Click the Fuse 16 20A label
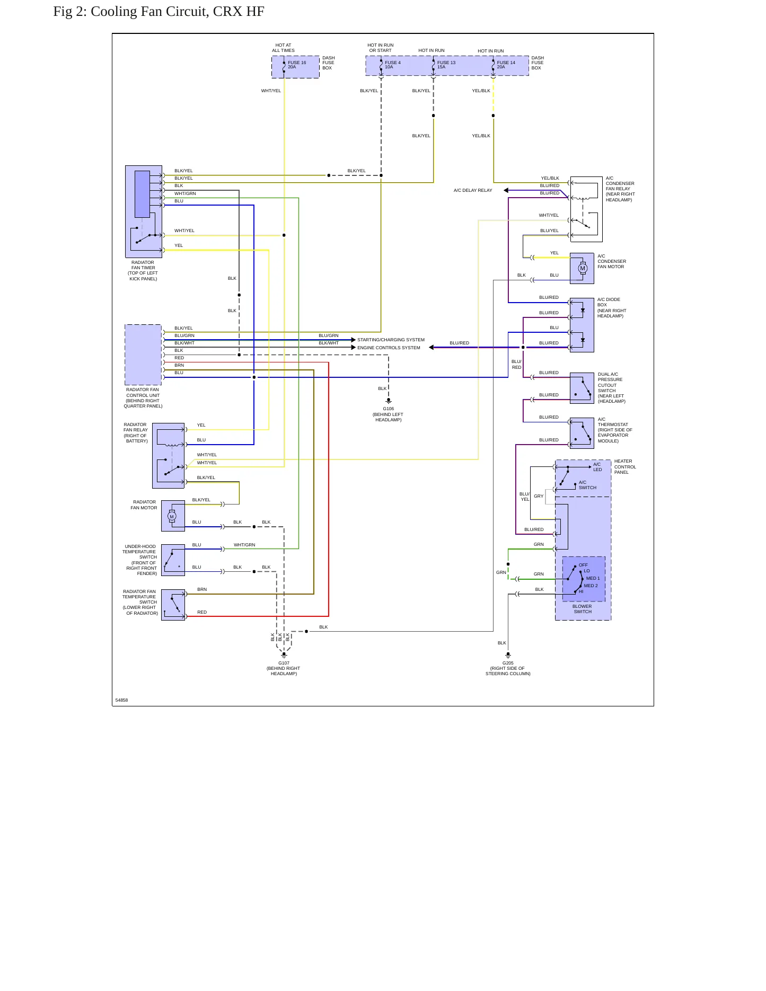tap(297, 65)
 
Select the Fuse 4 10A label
tap(393, 65)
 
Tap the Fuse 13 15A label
tap(446, 65)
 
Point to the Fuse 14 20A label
tap(506, 65)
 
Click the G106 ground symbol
tap(389, 401)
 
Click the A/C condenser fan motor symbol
tap(583, 268)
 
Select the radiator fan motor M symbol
tap(172, 516)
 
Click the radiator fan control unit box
tap(143, 355)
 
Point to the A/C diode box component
tap(582, 325)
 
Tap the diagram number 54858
tap(121, 700)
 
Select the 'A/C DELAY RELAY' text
tap(473, 190)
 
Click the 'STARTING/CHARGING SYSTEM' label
tap(391, 340)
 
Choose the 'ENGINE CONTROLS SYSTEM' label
tap(389, 348)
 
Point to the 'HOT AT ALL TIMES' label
tap(284, 48)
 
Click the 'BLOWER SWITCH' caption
tap(582, 609)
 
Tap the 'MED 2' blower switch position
tap(591, 586)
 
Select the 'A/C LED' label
tap(597, 467)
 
